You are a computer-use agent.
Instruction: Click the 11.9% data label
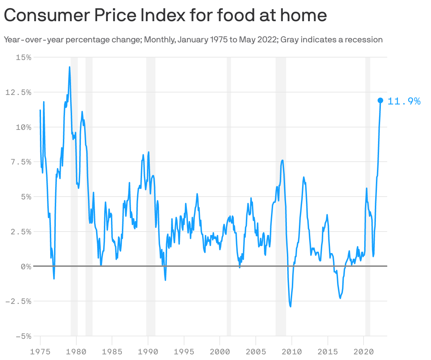click(x=404, y=102)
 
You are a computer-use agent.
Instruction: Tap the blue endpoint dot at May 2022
click(x=380, y=101)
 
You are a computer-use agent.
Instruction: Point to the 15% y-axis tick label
click(x=24, y=57)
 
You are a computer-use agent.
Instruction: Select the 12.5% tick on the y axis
click(x=18, y=92)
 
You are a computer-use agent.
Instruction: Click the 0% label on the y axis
click(x=26, y=267)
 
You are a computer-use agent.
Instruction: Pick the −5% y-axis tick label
click(x=23, y=336)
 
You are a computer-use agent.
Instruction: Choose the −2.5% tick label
click(x=18, y=301)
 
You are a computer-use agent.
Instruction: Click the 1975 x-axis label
click(x=40, y=352)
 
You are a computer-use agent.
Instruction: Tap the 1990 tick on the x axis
click(x=148, y=352)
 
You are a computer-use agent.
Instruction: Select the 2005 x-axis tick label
click(x=255, y=352)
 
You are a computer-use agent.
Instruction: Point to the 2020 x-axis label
click(x=363, y=352)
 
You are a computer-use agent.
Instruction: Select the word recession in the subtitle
click(x=365, y=40)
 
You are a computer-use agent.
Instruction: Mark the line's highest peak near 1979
click(x=70, y=67)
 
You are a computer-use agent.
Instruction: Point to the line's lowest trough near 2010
click(x=290, y=306)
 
